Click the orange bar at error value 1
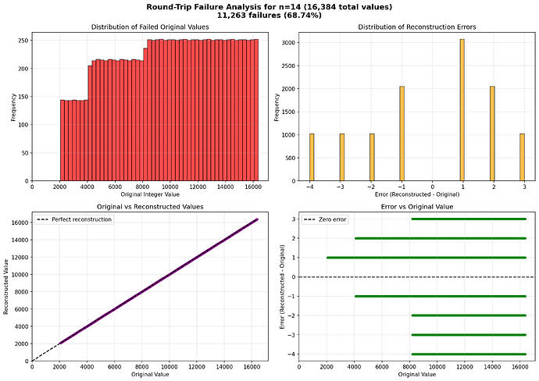tap(462, 109)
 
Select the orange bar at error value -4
tap(311, 157)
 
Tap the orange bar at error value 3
tap(523, 157)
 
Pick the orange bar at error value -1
tap(402, 133)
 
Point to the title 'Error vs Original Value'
tap(416, 206)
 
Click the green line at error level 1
tap(426, 258)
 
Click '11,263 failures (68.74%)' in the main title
tap(269, 16)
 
